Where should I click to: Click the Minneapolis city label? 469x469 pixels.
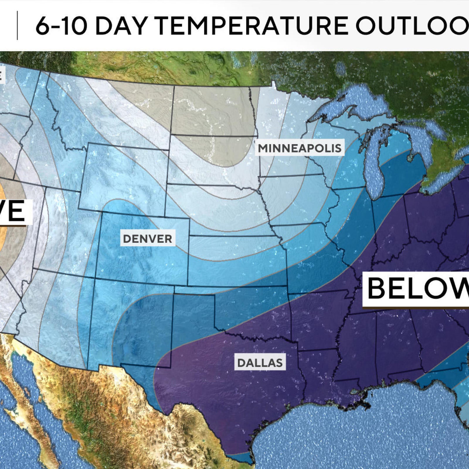(300, 148)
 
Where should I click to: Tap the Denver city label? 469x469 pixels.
(147, 239)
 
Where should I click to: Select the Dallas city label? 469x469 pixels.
(260, 363)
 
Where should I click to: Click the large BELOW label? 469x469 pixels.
(416, 289)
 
